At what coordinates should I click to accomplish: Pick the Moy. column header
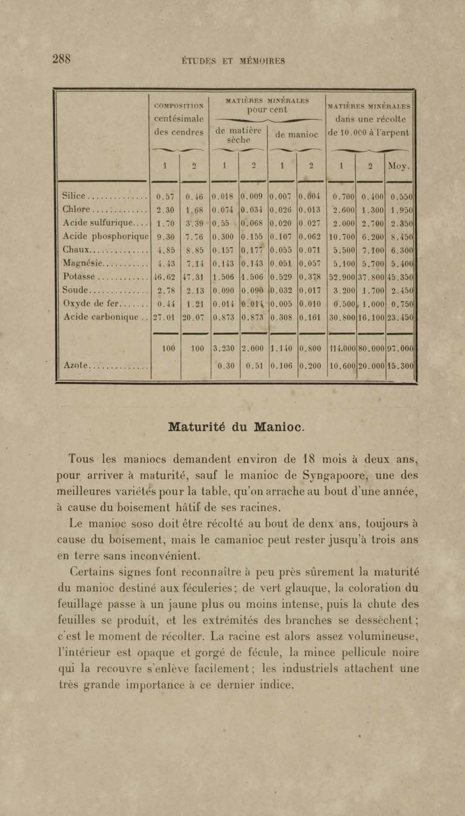(398, 166)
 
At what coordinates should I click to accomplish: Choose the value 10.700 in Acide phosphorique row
(341, 237)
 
